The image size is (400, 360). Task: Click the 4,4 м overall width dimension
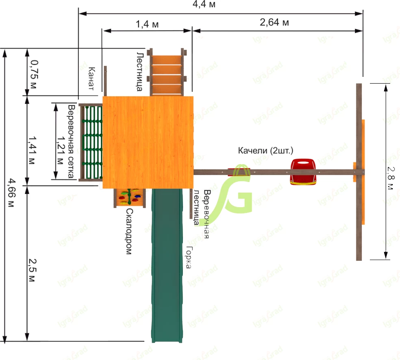pos(204,4)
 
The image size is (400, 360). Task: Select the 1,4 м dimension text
pos(147,24)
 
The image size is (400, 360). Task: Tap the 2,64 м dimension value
pos(274,22)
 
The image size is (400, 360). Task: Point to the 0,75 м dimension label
pos(34,74)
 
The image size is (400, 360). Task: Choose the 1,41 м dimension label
pos(32,150)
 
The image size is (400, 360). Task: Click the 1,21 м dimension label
pos(61,150)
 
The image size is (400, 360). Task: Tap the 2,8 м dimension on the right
pos(390,178)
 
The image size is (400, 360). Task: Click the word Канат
pos(91,78)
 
